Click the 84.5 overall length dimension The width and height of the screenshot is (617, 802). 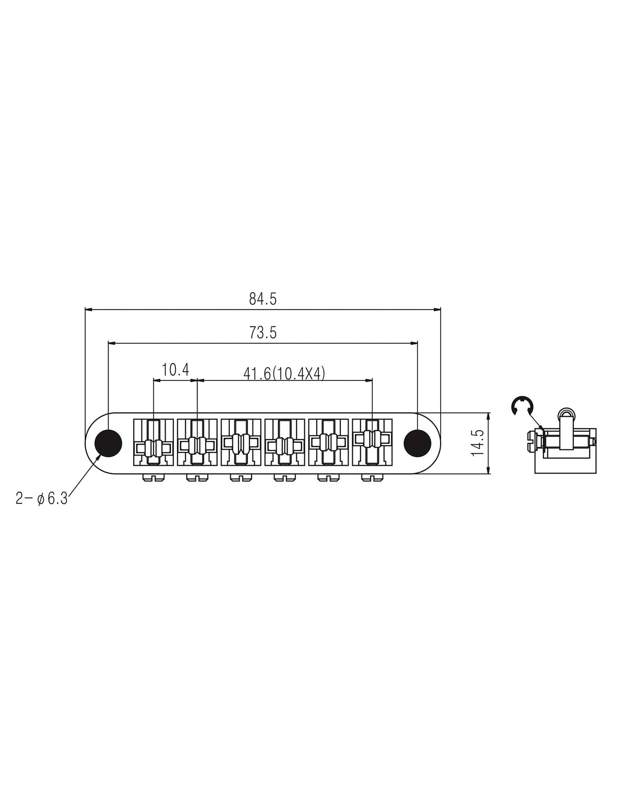[262, 299]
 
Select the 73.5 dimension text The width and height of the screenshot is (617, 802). [263, 333]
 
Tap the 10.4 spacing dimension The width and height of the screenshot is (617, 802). [175, 370]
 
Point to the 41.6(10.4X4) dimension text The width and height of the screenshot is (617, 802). [284, 374]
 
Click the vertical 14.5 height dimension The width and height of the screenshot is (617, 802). [478, 443]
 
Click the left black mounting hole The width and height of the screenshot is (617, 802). [108, 443]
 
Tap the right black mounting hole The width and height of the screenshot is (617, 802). [418, 443]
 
